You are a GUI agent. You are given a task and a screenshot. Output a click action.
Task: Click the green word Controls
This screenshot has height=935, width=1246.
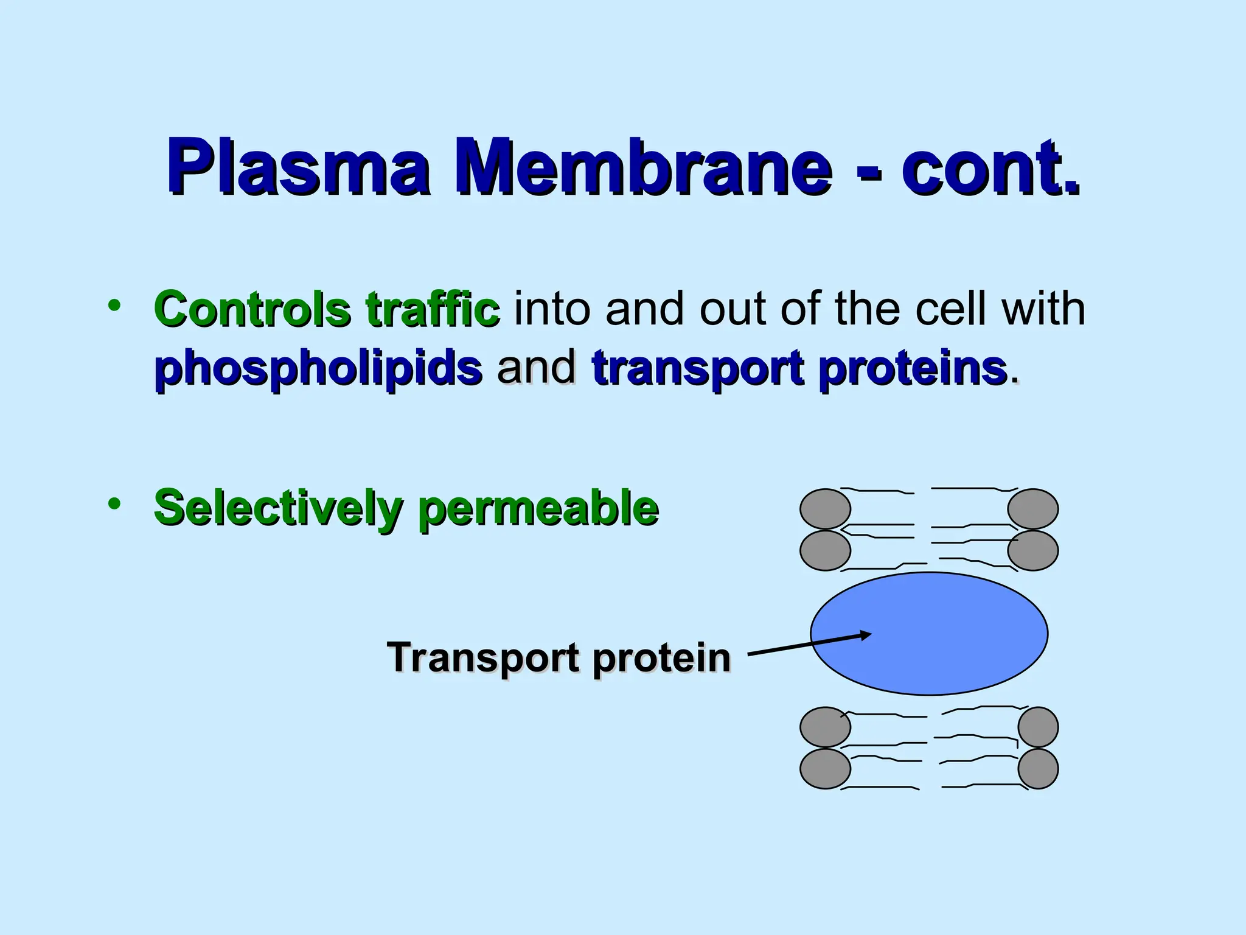pos(252,309)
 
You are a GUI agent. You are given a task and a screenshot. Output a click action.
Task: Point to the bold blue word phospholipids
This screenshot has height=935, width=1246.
pos(318,368)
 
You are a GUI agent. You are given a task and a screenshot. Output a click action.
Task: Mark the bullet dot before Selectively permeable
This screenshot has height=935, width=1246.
pos(114,503)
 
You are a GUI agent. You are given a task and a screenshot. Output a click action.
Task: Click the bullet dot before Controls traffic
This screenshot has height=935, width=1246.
pos(114,305)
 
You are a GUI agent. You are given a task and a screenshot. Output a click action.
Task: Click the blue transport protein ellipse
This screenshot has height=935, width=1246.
pos(949,633)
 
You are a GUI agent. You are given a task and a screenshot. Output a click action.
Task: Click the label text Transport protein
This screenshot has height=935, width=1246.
pos(559,657)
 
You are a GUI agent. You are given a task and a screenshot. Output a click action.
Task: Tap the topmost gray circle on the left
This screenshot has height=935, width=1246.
pos(825,509)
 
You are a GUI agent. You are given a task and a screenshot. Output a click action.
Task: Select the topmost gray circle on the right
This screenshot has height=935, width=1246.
pos(1033,509)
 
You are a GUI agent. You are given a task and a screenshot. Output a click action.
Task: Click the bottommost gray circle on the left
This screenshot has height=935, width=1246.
pos(825,769)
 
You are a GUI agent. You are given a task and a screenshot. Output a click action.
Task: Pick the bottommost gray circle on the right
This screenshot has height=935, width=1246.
pos(1038,769)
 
